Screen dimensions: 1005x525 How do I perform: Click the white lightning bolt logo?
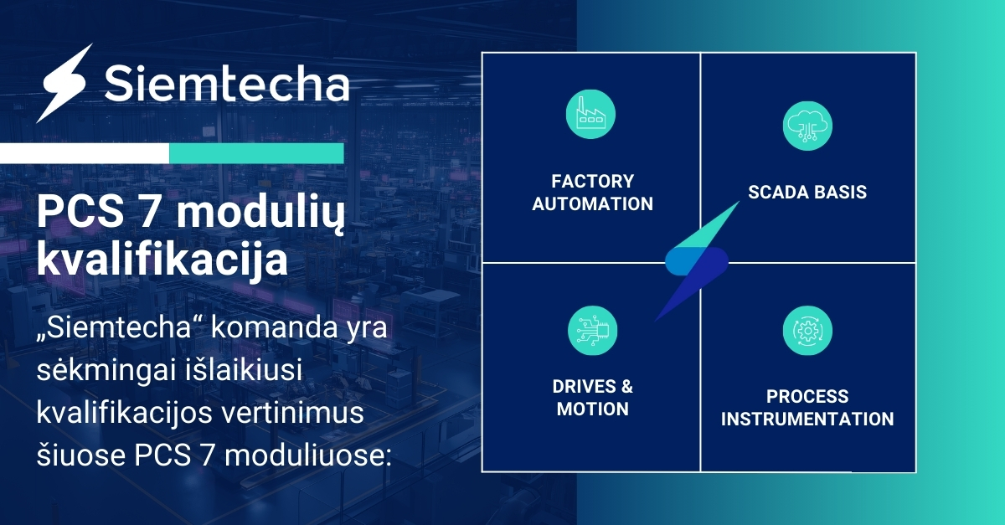(64, 84)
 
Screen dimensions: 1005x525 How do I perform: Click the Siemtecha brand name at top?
(227, 84)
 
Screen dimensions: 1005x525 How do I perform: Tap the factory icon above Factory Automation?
(590, 115)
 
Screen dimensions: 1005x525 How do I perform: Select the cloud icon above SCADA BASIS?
(807, 126)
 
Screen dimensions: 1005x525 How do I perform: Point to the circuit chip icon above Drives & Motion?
(592, 331)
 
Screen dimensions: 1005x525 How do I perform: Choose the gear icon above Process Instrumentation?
(807, 331)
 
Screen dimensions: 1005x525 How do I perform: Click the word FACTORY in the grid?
(593, 182)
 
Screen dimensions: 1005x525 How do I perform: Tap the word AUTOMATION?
(593, 203)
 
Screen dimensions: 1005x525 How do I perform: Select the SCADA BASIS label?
(807, 192)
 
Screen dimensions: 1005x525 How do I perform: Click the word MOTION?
(593, 409)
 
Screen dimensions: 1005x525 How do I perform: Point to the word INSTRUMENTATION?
(807, 419)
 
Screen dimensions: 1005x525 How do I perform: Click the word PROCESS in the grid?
(807, 396)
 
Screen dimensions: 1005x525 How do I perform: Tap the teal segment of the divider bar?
(256, 153)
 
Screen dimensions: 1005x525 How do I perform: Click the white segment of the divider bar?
(85, 153)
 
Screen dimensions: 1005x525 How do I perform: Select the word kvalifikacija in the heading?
(162, 260)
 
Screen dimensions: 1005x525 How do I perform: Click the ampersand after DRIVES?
(626, 386)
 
